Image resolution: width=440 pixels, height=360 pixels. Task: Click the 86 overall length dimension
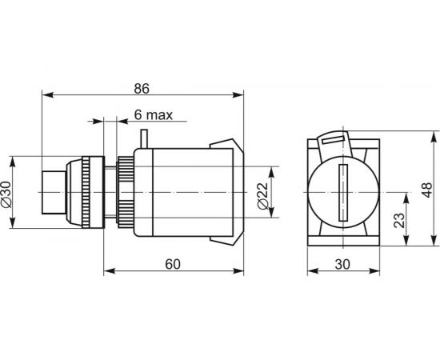tap(142, 89)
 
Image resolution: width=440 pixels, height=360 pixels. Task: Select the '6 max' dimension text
tap(153, 114)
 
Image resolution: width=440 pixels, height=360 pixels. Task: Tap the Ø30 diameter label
tap(6, 194)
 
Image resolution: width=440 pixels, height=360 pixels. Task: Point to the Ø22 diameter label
tap(262, 196)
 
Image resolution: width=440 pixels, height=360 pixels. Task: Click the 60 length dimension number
tap(173, 264)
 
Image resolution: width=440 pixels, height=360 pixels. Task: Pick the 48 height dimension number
tap(427, 190)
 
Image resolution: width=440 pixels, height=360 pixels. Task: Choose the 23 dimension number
tap(399, 220)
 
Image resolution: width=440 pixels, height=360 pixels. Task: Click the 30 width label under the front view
tap(342, 264)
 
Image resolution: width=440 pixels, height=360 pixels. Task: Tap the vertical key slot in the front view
tap(343, 193)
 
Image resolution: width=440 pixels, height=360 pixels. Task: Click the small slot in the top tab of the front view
tap(333, 139)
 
